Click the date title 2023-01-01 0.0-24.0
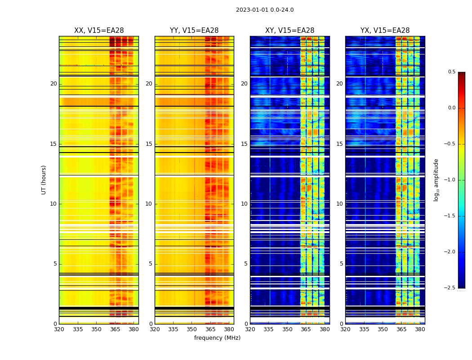click(264, 10)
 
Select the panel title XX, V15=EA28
click(99, 31)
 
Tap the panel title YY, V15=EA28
click(194, 31)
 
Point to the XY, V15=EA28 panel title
click(289, 31)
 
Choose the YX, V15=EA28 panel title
click(385, 31)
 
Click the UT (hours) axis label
click(44, 180)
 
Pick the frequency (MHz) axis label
click(217, 338)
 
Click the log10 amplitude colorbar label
click(436, 180)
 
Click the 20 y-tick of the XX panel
click(53, 84)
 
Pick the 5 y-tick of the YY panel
click(151, 264)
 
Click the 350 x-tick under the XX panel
click(96, 329)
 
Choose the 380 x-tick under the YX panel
click(420, 329)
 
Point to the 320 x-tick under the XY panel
click(250, 329)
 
